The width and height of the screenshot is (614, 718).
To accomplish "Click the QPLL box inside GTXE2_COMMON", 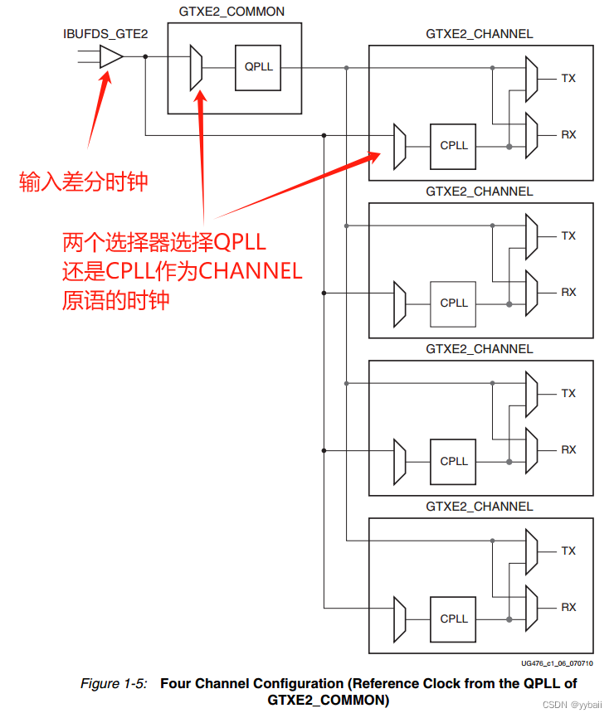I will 258,66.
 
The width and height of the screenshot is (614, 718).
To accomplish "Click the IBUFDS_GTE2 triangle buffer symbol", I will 110,56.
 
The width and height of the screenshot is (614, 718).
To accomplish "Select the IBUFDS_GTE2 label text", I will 105,34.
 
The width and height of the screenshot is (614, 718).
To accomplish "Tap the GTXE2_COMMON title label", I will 231,12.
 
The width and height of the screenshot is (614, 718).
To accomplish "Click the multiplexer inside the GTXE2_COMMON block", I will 196,67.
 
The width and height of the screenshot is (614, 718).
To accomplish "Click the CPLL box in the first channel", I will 454,145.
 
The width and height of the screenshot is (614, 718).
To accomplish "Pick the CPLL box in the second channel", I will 454,303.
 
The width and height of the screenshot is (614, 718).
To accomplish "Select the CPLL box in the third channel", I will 454,461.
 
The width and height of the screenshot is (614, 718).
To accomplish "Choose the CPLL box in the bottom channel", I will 454,619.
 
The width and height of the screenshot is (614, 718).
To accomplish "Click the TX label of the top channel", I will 568,79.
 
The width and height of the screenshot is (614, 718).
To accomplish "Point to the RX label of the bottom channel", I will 568,608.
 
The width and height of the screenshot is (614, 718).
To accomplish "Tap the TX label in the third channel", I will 568,394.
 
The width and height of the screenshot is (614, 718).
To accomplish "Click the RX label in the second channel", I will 568,292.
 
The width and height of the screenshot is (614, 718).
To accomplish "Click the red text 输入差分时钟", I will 84,182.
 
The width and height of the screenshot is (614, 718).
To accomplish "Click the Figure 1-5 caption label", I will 114,684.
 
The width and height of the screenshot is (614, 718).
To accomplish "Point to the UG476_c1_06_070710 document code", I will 552,664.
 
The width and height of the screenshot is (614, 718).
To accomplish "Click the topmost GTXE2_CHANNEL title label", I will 479,34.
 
